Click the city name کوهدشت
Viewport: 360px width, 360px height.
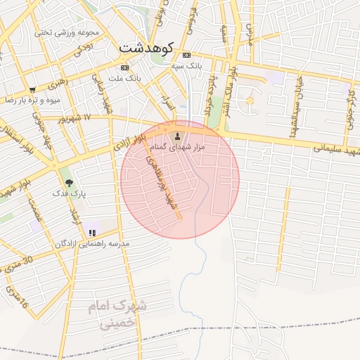(146, 48)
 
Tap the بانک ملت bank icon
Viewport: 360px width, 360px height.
(124, 67)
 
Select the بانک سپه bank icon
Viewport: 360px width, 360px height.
(186, 55)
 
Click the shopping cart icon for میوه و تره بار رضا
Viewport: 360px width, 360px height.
(32, 90)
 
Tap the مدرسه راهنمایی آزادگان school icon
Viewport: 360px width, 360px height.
(91, 233)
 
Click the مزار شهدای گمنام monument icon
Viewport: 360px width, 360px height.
(177, 136)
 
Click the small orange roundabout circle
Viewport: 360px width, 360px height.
(249, 101)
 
